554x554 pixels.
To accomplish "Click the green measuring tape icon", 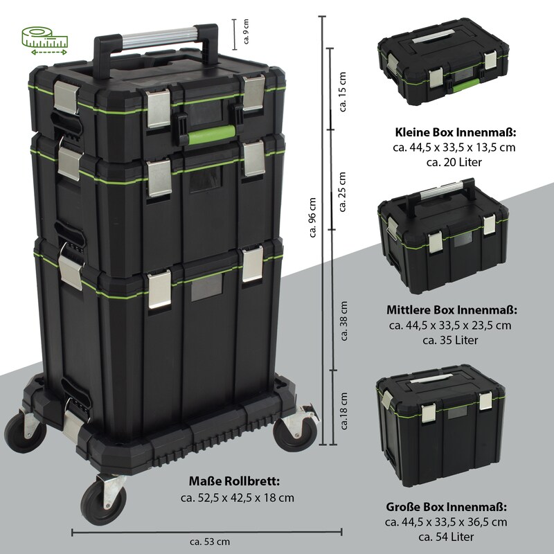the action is click(45, 42).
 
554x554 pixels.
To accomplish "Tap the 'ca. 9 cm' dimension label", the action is click(247, 31).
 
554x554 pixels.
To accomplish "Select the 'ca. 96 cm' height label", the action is click(312, 217).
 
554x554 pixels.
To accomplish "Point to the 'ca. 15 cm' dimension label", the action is click(342, 92).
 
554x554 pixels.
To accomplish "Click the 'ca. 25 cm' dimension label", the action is click(342, 192).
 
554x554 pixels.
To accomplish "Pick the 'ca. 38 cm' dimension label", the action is click(344, 321).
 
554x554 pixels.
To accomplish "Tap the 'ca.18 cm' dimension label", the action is click(344, 411).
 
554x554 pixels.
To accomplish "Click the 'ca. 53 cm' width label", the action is click(210, 542).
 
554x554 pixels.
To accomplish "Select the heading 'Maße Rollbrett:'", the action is click(234, 481).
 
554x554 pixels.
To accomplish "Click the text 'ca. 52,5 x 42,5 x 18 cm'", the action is click(238, 498).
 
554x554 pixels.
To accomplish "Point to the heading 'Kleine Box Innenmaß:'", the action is click(456, 132).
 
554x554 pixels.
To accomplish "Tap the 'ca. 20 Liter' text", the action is click(454, 162).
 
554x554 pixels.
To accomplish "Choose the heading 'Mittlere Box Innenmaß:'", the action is click(452, 310).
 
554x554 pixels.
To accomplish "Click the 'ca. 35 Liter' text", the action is click(450, 340).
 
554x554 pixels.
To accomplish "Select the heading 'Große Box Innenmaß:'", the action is click(446, 507).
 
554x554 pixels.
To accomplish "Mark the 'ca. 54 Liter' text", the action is click(446, 537).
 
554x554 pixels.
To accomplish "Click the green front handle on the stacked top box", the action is click(211, 134).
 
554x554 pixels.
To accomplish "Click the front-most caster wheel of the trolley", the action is click(103, 499).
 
